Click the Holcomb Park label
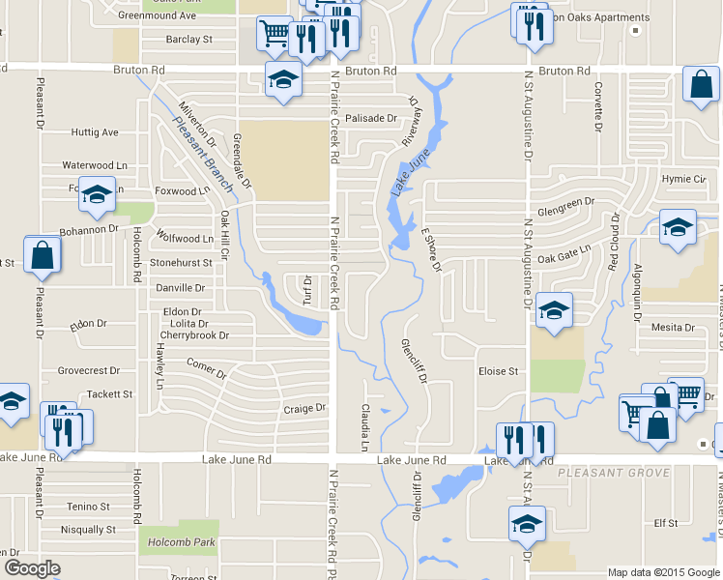point(176,543)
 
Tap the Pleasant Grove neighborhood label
point(613,473)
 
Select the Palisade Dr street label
point(372,118)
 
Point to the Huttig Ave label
point(94,132)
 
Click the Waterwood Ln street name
point(95,166)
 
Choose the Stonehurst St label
point(181,262)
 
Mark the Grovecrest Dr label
point(88,370)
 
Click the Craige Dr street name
point(305,409)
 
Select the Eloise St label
point(499,370)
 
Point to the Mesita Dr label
point(674,328)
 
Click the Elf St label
point(666,523)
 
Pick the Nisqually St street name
point(88,530)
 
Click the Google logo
point(32,568)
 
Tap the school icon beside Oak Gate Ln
point(678,229)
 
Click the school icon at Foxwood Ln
point(97,195)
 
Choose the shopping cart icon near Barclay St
point(275,35)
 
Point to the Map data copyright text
point(663,572)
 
